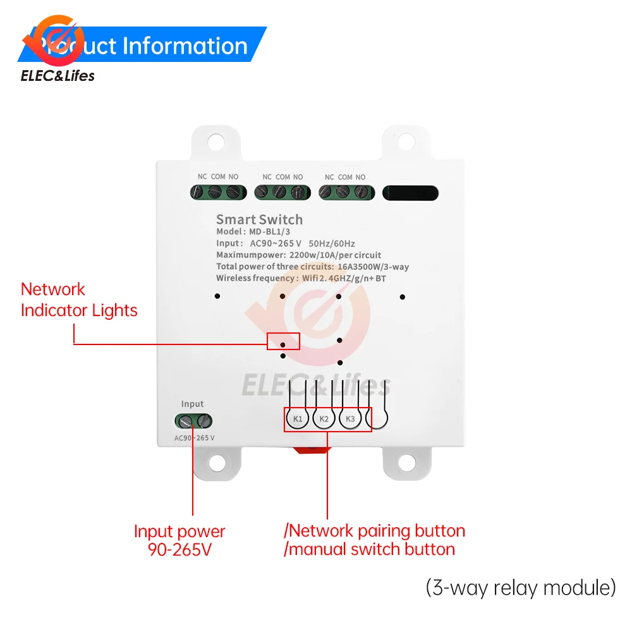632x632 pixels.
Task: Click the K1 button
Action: (298, 419)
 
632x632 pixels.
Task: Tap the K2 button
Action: (324, 419)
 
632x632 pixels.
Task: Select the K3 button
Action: (351, 419)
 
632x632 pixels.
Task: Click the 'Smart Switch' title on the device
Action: (259, 219)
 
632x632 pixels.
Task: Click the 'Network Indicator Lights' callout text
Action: (79, 300)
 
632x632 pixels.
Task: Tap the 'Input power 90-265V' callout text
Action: (179, 541)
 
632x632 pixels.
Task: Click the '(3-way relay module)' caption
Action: (521, 588)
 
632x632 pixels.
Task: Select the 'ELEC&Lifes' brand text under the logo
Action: (58, 76)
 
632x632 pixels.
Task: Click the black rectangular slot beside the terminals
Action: (410, 193)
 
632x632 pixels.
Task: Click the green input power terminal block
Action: (194, 420)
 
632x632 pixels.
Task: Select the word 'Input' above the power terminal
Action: (193, 404)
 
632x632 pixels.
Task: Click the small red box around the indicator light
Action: (283, 341)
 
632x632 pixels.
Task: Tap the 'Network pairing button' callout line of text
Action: (375, 531)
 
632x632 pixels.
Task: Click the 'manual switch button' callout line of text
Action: (370, 549)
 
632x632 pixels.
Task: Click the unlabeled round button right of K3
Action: (377, 419)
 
